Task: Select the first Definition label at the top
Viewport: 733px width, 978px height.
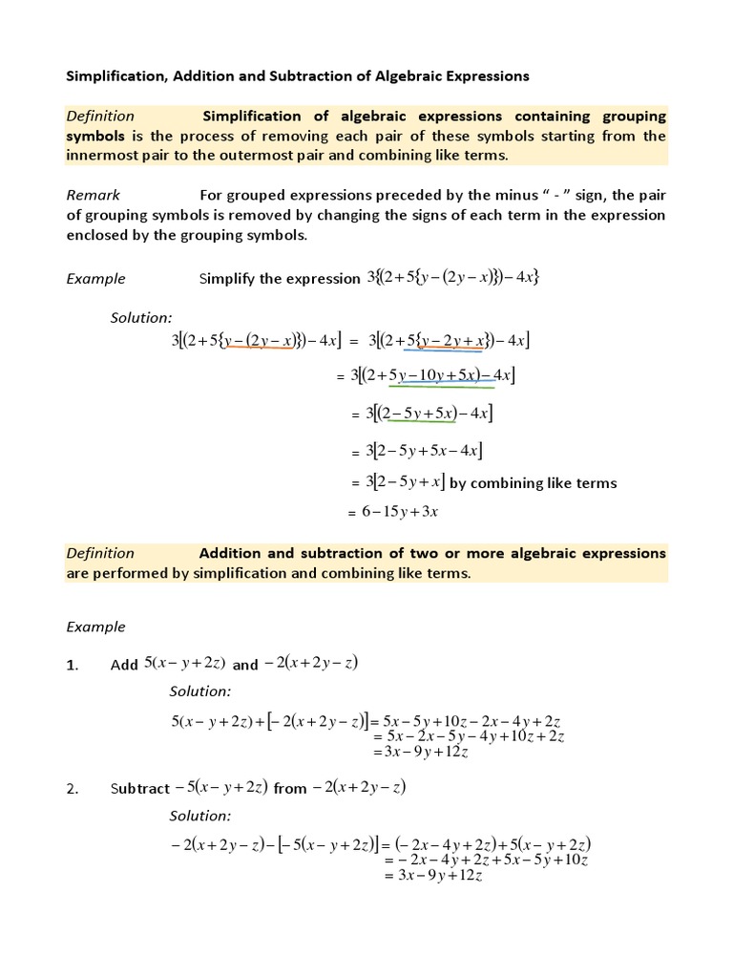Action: tap(100, 116)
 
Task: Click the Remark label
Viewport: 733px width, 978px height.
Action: tap(93, 195)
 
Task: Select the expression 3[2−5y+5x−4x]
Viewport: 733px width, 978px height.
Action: tap(419, 449)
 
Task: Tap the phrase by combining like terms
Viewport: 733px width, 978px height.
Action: tap(533, 482)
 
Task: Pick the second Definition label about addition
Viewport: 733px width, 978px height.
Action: tap(100, 553)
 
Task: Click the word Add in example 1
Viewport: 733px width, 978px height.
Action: tap(124, 666)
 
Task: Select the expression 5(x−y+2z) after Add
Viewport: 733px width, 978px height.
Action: tap(185, 664)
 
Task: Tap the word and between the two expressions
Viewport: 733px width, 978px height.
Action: tap(245, 666)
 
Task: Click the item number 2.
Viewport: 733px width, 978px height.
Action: tap(72, 789)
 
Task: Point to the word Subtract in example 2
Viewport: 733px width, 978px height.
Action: tap(138, 789)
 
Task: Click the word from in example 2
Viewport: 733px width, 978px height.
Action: tap(290, 789)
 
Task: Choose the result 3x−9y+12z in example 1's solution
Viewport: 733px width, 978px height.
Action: tap(421, 752)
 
